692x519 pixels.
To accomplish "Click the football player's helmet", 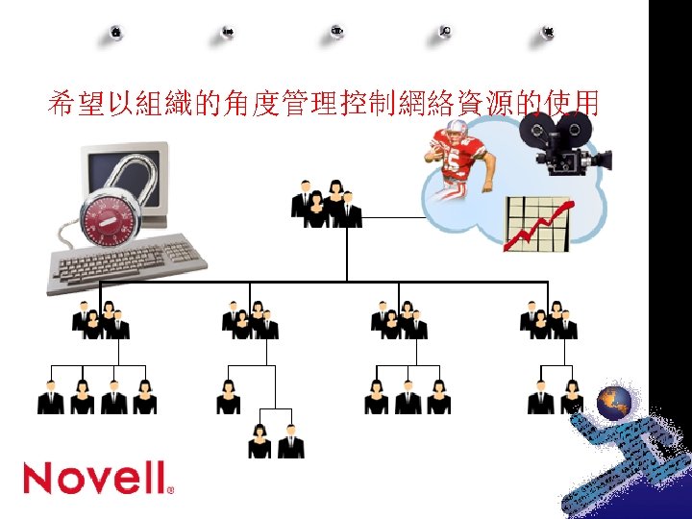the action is pos(451,134).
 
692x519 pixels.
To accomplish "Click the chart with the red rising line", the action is pos(537,224).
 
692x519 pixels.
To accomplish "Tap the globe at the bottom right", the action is pos(614,403).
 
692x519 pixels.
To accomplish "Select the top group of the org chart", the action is pos(326,204).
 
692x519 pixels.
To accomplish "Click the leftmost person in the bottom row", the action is pos(51,397).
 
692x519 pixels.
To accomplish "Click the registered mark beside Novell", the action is pos(171,489).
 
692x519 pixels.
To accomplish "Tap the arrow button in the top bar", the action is pos(229,32).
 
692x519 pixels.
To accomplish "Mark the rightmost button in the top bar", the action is pos(548,32).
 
